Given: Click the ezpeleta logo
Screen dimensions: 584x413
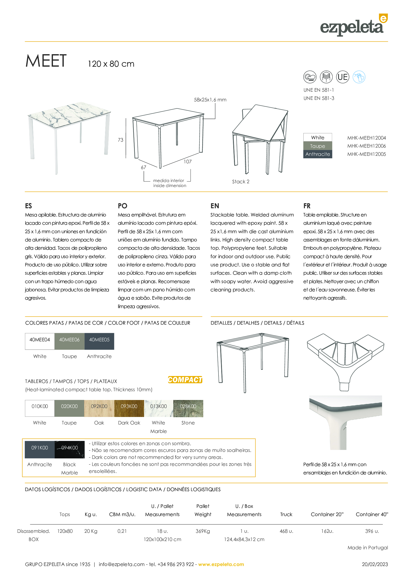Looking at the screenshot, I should (353, 26).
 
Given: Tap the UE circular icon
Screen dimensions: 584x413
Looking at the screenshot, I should (342, 77).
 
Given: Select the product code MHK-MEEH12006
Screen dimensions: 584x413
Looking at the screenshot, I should (366, 146).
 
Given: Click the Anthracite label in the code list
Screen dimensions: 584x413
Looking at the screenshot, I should (318, 154).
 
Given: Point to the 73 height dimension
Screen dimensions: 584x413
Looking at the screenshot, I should (121, 140).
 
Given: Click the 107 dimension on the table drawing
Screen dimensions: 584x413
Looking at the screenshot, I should (188, 162).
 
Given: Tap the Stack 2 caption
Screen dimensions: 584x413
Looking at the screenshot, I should (240, 182).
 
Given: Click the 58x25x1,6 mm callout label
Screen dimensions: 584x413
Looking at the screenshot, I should (210, 100).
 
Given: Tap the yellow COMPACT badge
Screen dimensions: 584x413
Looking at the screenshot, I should (185, 380).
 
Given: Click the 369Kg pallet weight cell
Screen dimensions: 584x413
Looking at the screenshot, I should (203, 531).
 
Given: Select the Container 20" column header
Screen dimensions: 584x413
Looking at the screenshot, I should (327, 514).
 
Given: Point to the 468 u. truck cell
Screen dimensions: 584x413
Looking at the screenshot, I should (286, 531).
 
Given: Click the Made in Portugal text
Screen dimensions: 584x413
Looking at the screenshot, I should (368, 548).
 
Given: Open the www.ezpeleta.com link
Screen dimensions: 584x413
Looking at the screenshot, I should (221, 564).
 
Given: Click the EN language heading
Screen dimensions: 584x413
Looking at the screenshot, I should (215, 206).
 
